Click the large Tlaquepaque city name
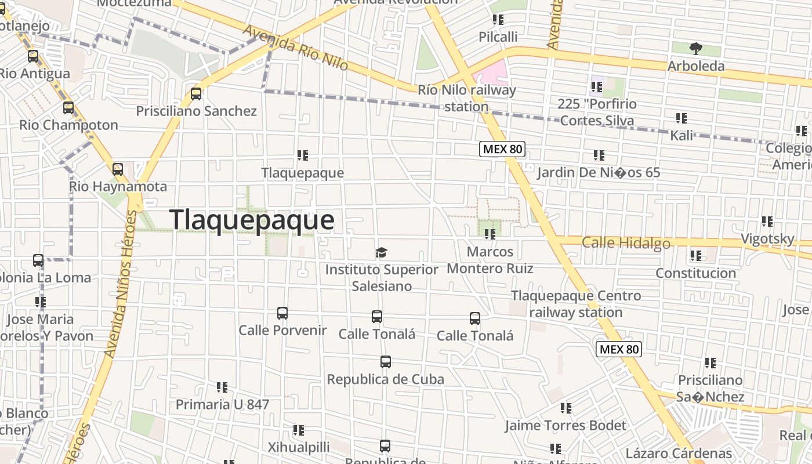tap(252, 220)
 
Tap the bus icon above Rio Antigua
tap(33, 56)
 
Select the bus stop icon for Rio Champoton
tap(68, 108)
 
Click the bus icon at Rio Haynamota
tap(118, 169)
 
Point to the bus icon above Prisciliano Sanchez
tap(196, 94)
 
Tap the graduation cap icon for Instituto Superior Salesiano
tap(381, 253)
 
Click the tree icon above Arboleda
tap(695, 49)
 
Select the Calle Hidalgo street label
tap(626, 243)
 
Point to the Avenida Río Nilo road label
tap(295, 48)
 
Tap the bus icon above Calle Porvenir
tap(282, 313)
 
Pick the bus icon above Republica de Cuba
tap(386, 362)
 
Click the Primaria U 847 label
tap(222, 404)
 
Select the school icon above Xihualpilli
tap(299, 430)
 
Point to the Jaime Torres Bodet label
tap(565, 425)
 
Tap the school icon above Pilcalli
tap(498, 20)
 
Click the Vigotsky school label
tap(767, 238)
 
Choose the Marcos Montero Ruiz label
tap(490, 260)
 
